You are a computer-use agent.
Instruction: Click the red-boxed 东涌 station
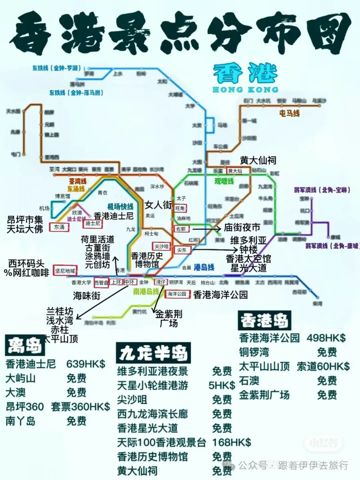59,227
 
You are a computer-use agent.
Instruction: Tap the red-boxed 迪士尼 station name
93,223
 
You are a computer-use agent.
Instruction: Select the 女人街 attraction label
158,205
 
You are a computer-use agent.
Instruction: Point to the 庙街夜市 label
242,227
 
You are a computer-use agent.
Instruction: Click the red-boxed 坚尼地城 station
65,271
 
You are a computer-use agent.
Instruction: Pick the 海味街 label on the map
86,296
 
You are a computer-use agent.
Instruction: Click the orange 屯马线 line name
289,113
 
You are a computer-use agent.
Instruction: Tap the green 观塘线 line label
224,181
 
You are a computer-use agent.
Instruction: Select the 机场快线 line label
120,207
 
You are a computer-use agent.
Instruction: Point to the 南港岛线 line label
146,292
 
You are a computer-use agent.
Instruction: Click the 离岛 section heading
25,345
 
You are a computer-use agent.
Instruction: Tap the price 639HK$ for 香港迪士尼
86,364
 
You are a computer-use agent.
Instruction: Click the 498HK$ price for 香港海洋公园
326,338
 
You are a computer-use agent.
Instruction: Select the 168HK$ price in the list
231,442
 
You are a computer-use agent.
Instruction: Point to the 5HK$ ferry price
222,385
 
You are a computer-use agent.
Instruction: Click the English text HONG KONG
245,90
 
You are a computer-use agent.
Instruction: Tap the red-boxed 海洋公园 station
177,294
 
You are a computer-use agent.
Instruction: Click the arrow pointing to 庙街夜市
207,229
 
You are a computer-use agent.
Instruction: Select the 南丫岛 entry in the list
20,421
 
